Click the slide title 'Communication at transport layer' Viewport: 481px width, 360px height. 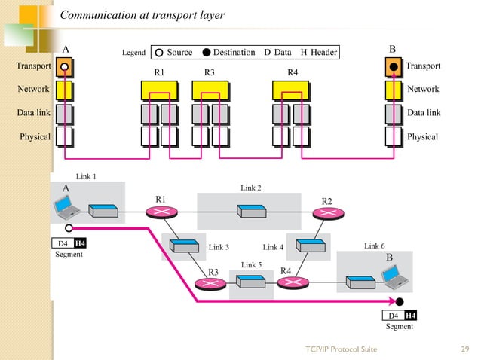[142, 15]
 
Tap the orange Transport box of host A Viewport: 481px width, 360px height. [65, 67]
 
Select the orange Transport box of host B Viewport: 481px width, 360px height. [394, 67]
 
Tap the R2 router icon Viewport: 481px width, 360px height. [327, 214]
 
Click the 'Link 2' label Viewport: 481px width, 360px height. [250, 188]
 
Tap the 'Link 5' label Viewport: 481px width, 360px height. [250, 265]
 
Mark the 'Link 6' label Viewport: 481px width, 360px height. [375, 246]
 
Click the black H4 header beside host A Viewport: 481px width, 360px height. [80, 243]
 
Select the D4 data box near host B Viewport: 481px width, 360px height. [394, 315]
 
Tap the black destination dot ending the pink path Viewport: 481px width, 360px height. [400, 302]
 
